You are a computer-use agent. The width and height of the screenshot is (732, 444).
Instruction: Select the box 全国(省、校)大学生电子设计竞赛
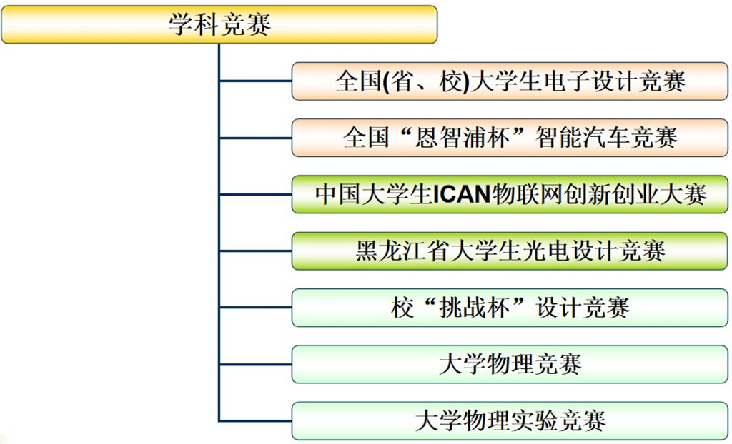[510, 81]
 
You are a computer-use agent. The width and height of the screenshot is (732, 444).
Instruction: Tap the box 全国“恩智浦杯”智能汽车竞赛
[510, 137]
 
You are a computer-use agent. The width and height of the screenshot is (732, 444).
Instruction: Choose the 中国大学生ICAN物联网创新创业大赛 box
[510, 193]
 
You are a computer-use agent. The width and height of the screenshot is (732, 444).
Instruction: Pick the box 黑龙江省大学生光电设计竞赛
[510, 251]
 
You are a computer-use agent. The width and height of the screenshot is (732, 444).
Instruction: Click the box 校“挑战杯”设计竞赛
[510, 308]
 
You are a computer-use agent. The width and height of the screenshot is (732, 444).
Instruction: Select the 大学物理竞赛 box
[510, 364]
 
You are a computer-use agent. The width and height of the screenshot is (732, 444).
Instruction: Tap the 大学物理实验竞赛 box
[510, 420]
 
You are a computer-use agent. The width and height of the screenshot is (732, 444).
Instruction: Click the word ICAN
[460, 194]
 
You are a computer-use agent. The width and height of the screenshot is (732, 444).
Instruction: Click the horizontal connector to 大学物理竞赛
[255, 364]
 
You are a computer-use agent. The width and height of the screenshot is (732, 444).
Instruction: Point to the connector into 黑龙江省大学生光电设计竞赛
[255, 251]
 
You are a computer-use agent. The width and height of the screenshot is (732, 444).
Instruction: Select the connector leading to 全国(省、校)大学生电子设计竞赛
[255, 81]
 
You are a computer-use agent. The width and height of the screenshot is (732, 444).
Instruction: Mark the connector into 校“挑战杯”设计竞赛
[255, 308]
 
